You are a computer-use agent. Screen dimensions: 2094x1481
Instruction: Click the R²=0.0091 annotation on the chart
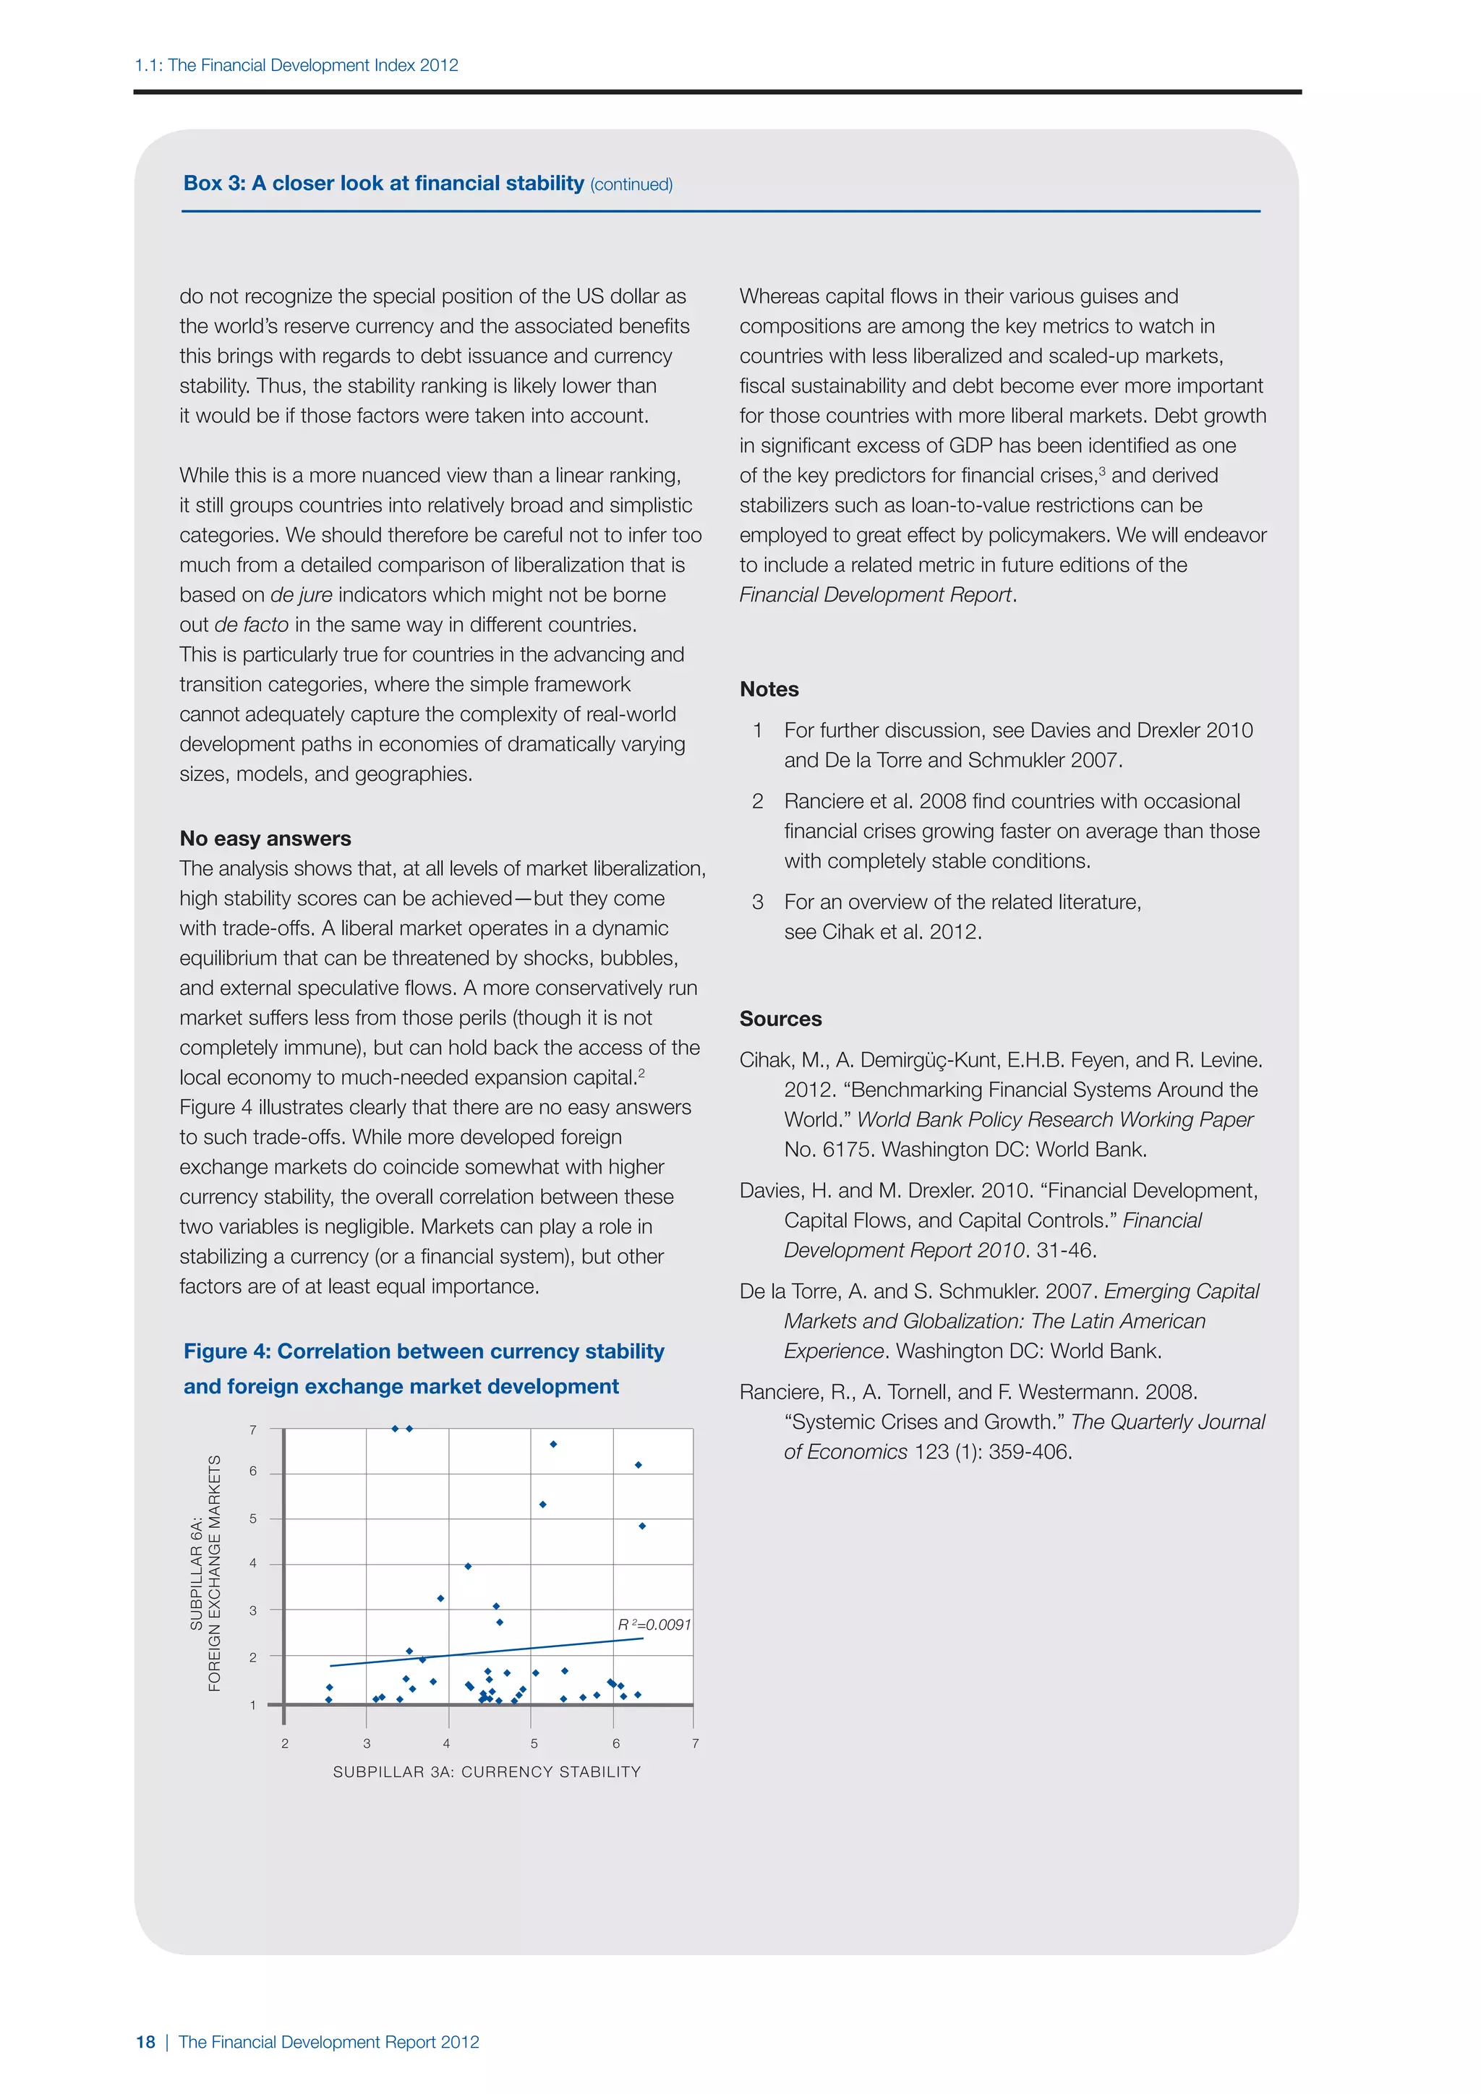click(654, 1624)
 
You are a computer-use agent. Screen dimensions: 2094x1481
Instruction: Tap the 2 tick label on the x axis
click(284, 1743)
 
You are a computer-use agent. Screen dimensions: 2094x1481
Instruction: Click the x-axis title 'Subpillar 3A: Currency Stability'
click(487, 1771)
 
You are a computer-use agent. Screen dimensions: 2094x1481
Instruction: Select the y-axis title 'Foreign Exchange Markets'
click(215, 1573)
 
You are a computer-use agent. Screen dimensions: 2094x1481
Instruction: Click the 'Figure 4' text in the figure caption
click(227, 1351)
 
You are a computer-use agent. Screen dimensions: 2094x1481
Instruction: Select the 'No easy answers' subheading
click(265, 838)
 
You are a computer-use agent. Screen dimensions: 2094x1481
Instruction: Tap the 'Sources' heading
click(780, 1019)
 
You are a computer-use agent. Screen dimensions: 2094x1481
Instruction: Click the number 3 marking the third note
click(757, 902)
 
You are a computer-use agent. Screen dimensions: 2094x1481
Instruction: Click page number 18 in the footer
click(146, 2042)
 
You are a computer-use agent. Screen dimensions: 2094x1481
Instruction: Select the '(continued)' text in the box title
click(631, 184)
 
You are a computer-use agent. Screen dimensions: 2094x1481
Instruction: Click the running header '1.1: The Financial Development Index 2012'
click(296, 65)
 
